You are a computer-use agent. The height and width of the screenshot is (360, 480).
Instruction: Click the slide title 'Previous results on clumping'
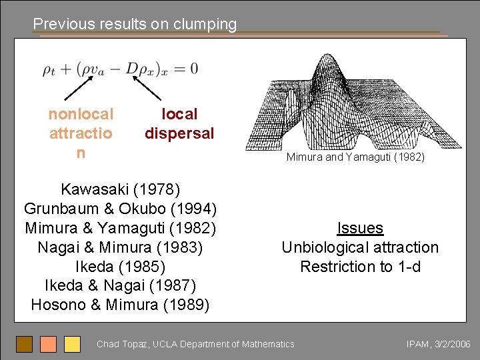pyautogui.click(x=135, y=25)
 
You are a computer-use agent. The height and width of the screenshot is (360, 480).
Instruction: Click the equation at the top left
pyautogui.click(x=120, y=69)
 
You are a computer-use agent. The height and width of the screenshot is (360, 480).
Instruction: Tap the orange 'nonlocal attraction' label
pyautogui.click(x=81, y=133)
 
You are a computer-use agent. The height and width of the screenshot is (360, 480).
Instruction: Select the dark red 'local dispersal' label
pyautogui.click(x=179, y=124)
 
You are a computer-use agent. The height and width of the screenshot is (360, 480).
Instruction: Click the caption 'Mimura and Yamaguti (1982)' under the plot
pyautogui.click(x=355, y=158)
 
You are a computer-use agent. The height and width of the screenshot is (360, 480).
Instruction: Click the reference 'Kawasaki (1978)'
pyautogui.click(x=120, y=189)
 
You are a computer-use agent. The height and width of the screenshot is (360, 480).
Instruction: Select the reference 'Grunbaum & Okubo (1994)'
pyautogui.click(x=120, y=209)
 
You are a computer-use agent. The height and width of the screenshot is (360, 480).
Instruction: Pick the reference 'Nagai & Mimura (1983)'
pyautogui.click(x=120, y=247)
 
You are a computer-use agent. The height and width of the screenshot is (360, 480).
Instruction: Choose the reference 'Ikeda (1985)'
pyautogui.click(x=120, y=267)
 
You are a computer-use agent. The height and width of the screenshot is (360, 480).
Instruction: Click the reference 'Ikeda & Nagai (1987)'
pyautogui.click(x=120, y=286)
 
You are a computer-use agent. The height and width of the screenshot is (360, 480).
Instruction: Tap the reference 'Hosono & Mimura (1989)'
pyautogui.click(x=120, y=305)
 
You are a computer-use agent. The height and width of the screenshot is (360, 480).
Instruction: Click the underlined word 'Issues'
pyautogui.click(x=360, y=228)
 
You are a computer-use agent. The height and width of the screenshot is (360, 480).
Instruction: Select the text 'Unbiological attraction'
pyautogui.click(x=360, y=247)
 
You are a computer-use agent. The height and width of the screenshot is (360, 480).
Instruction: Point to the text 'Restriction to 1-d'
pyautogui.click(x=360, y=267)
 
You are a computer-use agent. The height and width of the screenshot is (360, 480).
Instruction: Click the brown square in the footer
pyautogui.click(x=25, y=344)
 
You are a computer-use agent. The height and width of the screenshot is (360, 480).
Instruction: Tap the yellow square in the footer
pyautogui.click(x=72, y=344)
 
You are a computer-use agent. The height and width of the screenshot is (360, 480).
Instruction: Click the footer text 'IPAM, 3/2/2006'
pyautogui.click(x=438, y=344)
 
